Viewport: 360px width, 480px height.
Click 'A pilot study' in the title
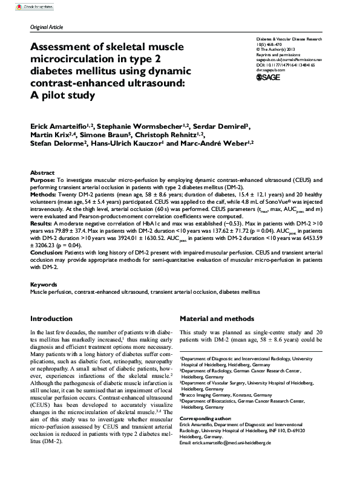pyautogui.click(x=63, y=94)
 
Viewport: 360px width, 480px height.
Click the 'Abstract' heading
pyautogui.click(x=42, y=172)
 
